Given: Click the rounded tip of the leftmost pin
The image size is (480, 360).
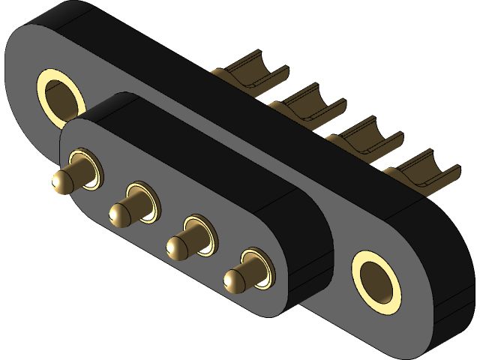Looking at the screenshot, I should click(62, 180).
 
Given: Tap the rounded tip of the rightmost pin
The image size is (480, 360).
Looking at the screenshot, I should click(234, 280).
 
